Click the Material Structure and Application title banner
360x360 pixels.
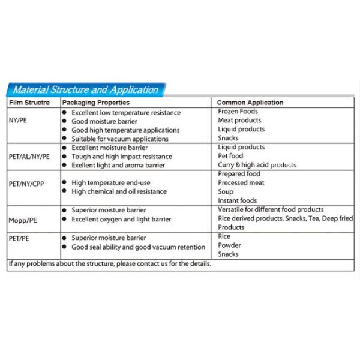click(x=86, y=90)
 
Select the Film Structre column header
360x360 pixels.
click(x=28, y=103)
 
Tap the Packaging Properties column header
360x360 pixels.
click(x=95, y=103)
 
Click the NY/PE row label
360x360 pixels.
click(x=17, y=121)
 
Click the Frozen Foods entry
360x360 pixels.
click(x=238, y=112)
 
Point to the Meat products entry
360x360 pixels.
click(x=239, y=121)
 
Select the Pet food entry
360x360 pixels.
click(x=232, y=156)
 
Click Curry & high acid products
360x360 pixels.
click(x=257, y=165)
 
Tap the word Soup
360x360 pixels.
click(x=226, y=191)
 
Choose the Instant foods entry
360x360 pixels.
click(x=238, y=200)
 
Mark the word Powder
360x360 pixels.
click(x=229, y=245)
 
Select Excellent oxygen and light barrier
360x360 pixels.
click(x=121, y=219)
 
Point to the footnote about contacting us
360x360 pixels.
click(x=110, y=263)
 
